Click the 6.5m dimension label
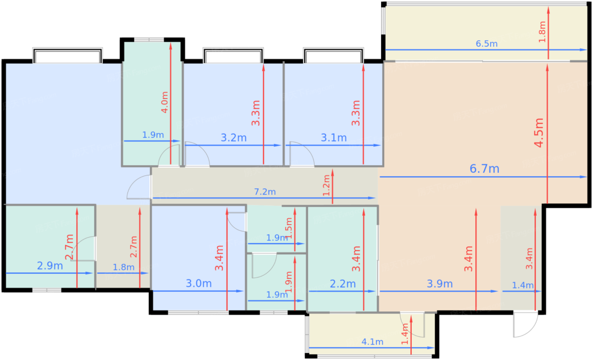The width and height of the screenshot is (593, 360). pyautogui.click(x=487, y=44)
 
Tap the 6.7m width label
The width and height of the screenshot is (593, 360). pyautogui.click(x=485, y=169)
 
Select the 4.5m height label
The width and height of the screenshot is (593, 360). pyautogui.click(x=539, y=133)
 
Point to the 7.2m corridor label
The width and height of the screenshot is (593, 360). pyautogui.click(x=265, y=191)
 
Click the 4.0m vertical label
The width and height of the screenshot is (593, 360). pyautogui.click(x=165, y=102)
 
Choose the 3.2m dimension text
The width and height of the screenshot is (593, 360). pyautogui.click(x=233, y=138)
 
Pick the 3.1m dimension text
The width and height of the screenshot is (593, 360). pyautogui.click(x=334, y=138)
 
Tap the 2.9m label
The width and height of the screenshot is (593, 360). pyautogui.click(x=50, y=266)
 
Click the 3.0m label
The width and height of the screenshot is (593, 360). pyautogui.click(x=199, y=283)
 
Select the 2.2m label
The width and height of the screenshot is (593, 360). pyautogui.click(x=343, y=284)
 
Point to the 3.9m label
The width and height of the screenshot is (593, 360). pyautogui.click(x=440, y=284)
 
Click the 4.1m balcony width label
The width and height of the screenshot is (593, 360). pyautogui.click(x=372, y=342)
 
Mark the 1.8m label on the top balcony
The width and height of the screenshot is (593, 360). pyautogui.click(x=542, y=32)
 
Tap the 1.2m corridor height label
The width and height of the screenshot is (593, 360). pyautogui.click(x=327, y=186)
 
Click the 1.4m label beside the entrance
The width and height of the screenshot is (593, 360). pyautogui.click(x=523, y=285)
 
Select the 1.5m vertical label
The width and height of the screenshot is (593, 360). pyautogui.click(x=289, y=228)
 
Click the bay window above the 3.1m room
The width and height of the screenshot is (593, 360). pyautogui.click(x=333, y=55)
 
